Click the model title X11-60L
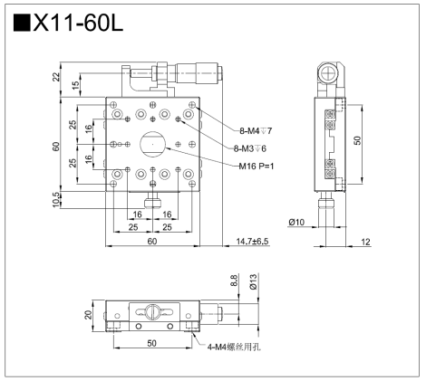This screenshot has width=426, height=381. tap(78, 24)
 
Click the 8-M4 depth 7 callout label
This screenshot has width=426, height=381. tap(256, 131)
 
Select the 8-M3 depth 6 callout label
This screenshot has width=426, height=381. tap(250, 148)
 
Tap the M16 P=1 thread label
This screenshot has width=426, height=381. tap(257, 166)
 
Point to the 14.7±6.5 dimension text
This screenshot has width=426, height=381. tap(252, 242)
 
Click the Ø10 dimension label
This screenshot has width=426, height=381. tap(296, 223)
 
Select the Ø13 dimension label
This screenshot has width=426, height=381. tap(253, 281)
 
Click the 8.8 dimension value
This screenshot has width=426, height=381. tap(234, 281)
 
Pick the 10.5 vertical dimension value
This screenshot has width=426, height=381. tap(56, 200)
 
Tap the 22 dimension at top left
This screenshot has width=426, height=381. tap(56, 77)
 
